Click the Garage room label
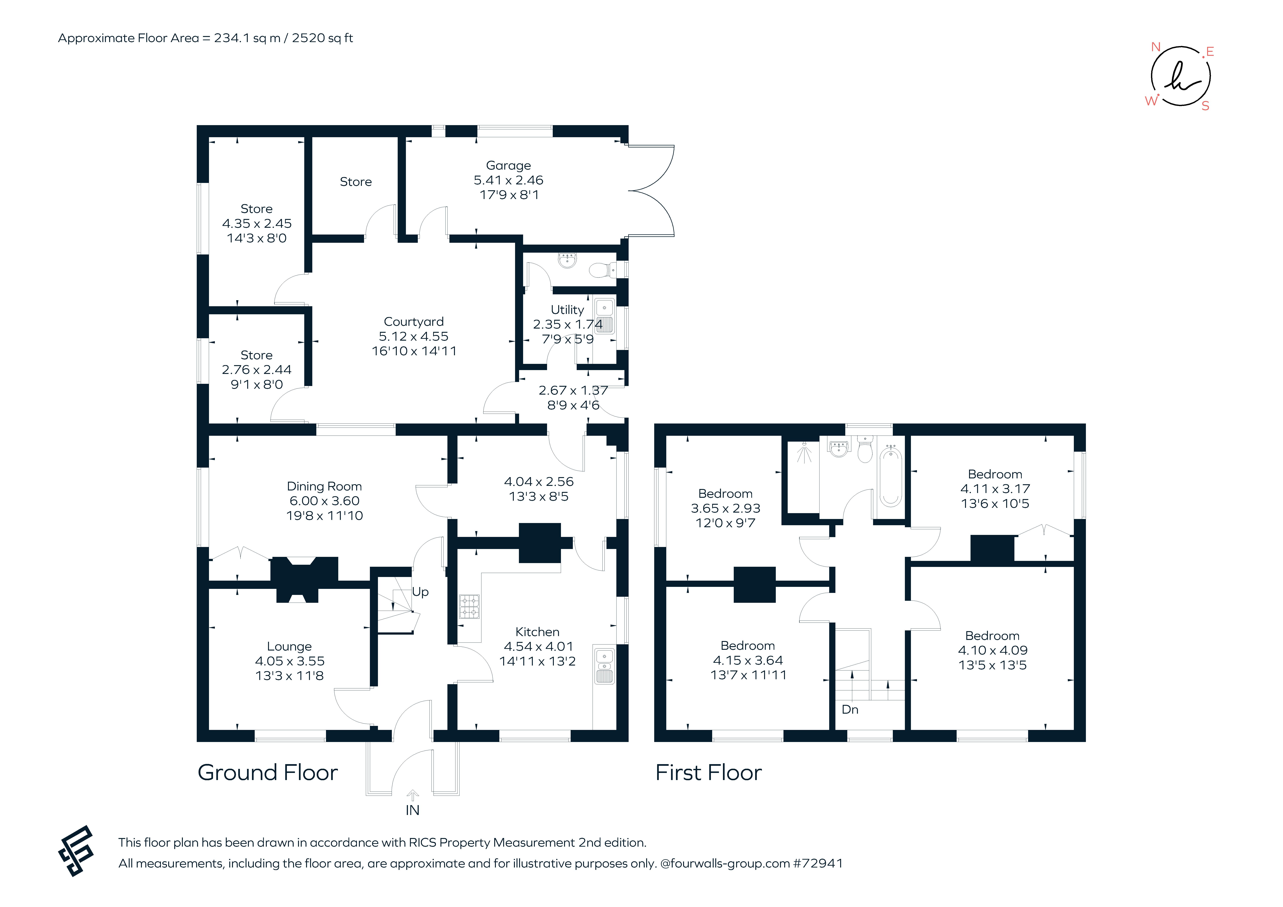508,166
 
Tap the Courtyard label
414,322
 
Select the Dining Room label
324,486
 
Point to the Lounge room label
289,646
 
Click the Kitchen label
537,632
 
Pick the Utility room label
567,310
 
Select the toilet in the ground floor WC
601,271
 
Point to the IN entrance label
412,810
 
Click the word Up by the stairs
420,592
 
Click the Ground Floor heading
268,773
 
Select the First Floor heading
708,773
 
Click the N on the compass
1156,47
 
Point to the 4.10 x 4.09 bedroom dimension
992,650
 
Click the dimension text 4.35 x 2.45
257,224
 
